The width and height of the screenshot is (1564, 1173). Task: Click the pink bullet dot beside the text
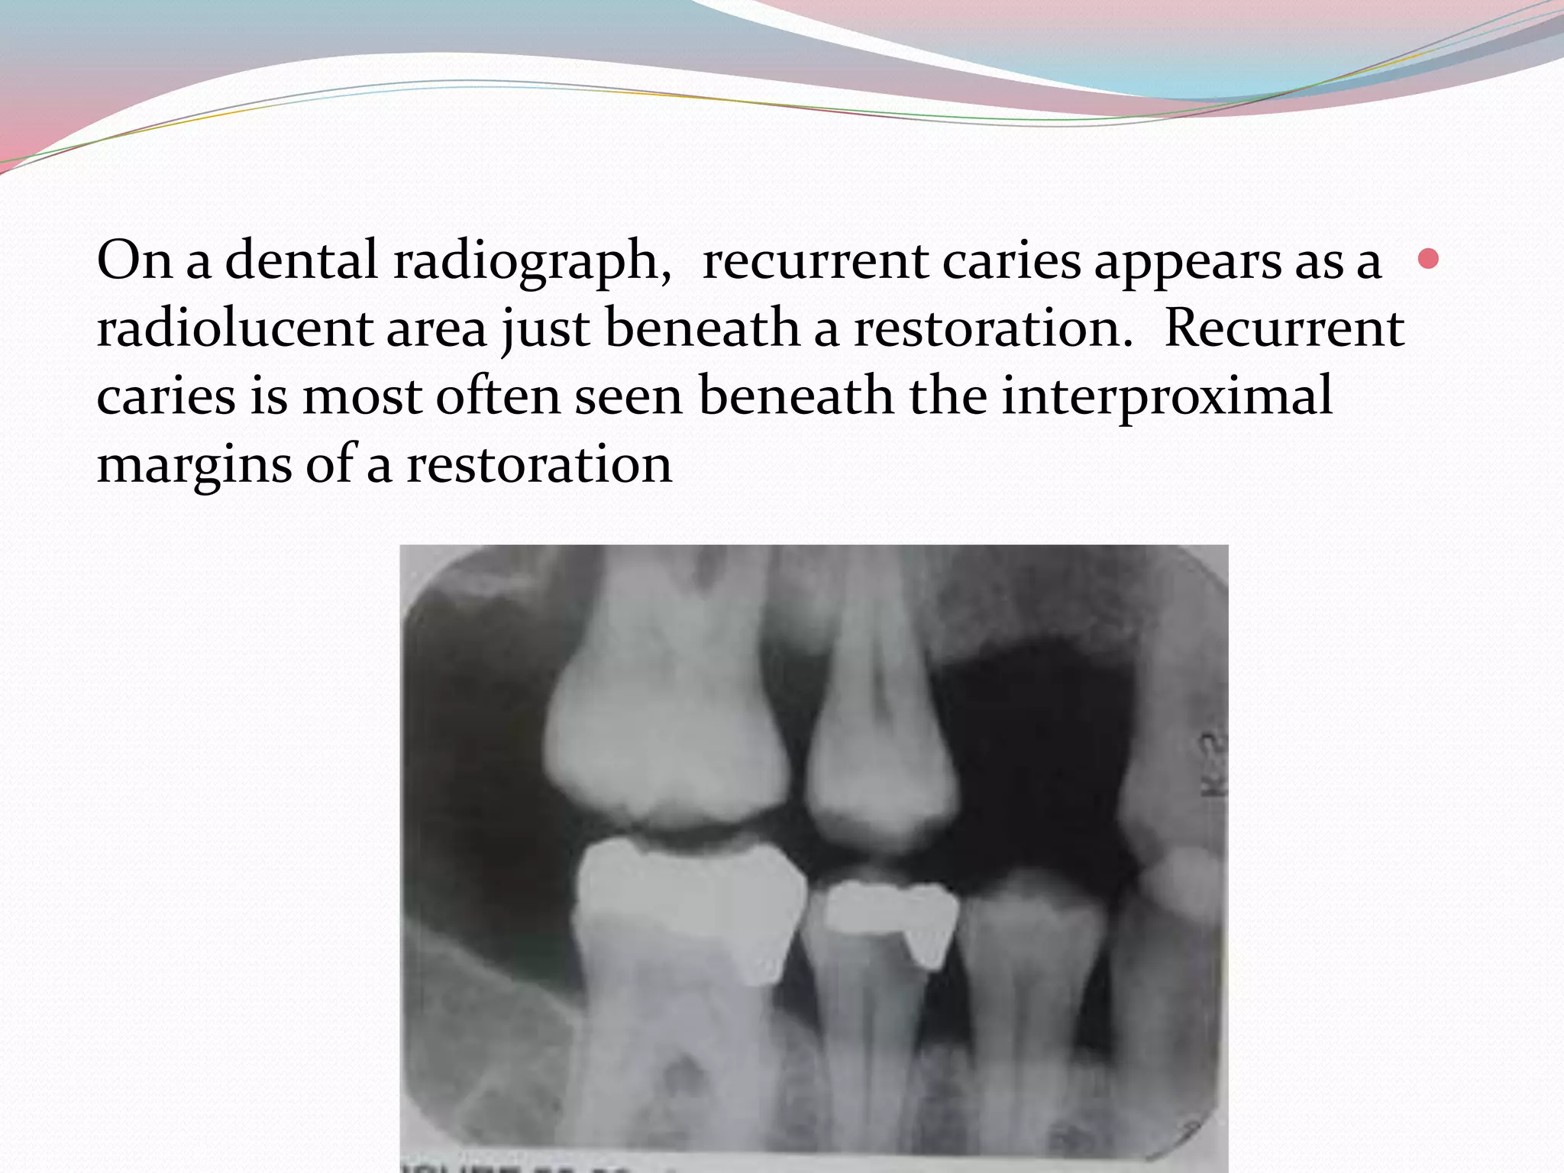click(1427, 259)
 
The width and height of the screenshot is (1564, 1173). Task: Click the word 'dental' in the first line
click(301, 260)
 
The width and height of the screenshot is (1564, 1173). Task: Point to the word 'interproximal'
click(1167, 397)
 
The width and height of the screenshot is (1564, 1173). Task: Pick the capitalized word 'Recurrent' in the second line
click(1284, 328)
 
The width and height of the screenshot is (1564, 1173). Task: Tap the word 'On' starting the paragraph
click(134, 260)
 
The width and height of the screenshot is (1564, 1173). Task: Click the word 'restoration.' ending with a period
click(994, 328)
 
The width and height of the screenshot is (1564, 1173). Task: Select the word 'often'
click(498, 397)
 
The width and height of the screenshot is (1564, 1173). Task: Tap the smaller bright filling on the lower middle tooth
click(890, 913)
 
